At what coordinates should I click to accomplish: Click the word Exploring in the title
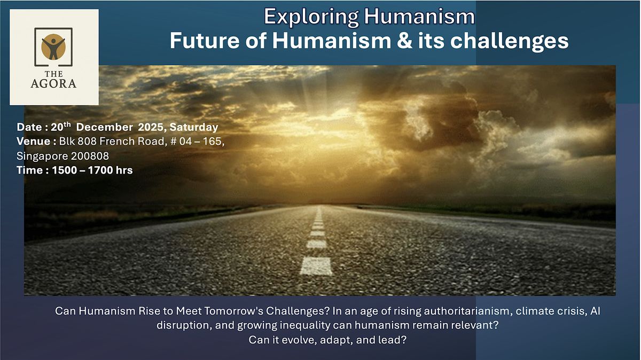[x=311, y=17]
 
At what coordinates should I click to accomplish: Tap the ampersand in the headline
[x=405, y=41]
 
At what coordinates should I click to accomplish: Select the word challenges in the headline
[x=510, y=41]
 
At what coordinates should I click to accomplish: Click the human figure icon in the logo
[x=53, y=47]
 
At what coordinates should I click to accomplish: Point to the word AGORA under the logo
[x=53, y=83]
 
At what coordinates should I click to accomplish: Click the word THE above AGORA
[x=53, y=74]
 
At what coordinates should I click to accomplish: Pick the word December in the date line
[x=105, y=127]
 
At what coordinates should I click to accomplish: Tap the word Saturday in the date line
[x=194, y=128]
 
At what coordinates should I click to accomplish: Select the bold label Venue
[x=34, y=142]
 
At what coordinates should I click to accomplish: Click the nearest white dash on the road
[x=316, y=266]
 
